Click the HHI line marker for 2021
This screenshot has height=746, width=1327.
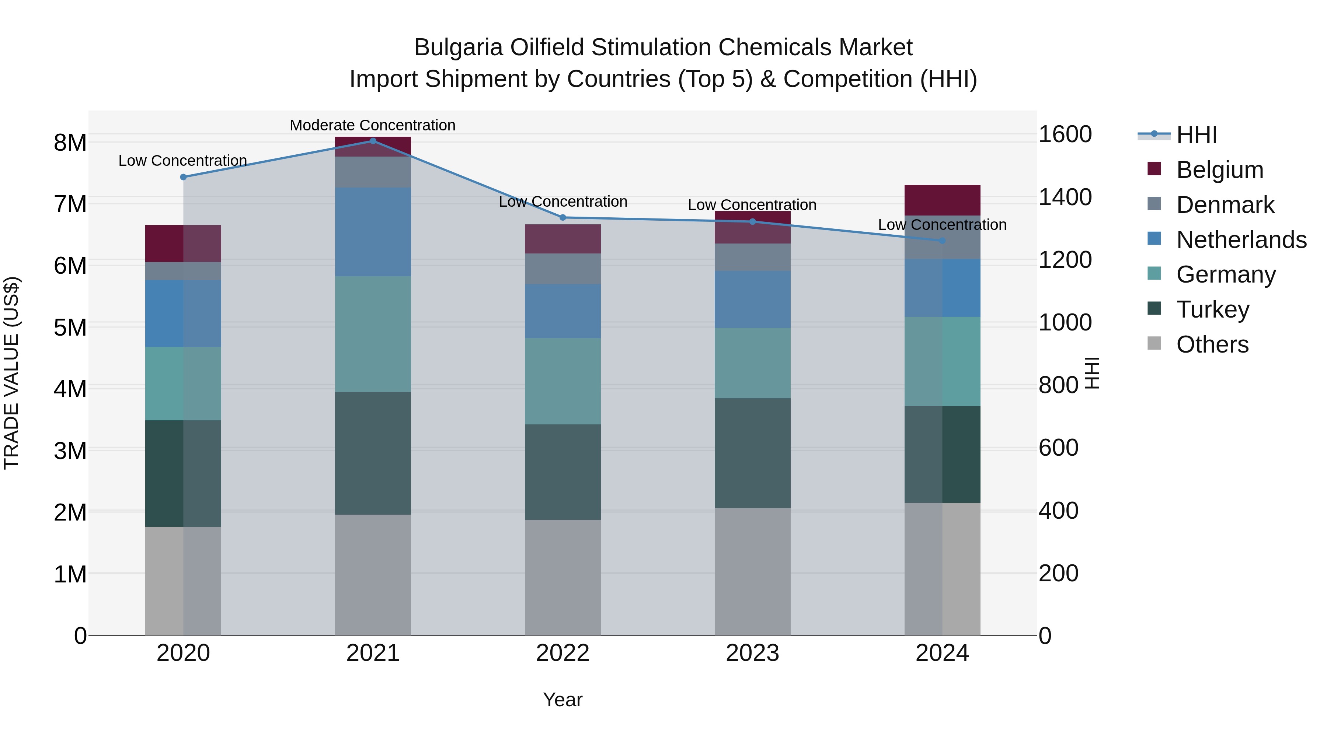coord(373,141)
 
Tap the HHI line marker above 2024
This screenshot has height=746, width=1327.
coord(942,241)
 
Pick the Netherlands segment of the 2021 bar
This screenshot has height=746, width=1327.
coord(373,232)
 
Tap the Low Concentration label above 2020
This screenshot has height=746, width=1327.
coord(182,161)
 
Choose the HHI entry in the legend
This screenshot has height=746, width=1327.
coord(1196,135)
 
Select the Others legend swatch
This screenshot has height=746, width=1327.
coord(1154,343)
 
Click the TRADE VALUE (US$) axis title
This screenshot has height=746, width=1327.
coord(11,373)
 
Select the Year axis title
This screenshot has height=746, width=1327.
coord(563,700)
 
